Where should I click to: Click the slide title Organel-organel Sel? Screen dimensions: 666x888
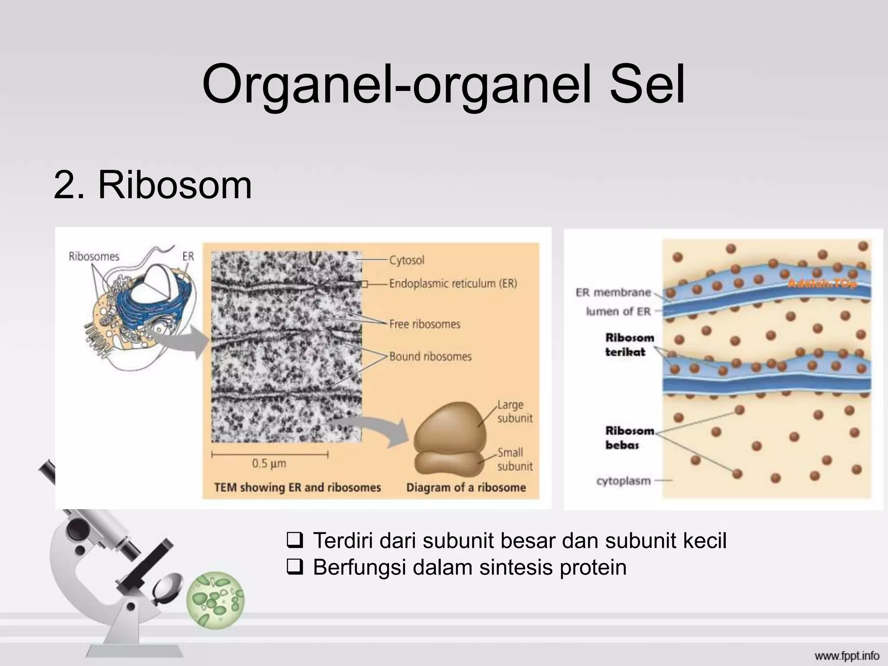click(443, 85)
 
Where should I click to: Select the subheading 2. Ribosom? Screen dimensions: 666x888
click(153, 185)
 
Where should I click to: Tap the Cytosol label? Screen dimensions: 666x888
click(406, 260)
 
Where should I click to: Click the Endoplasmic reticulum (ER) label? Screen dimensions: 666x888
click(453, 284)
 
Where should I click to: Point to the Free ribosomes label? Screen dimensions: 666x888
click(424, 324)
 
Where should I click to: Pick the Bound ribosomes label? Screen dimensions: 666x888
click(430, 356)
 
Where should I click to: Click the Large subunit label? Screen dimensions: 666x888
click(514, 411)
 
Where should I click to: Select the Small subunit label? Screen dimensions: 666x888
click(514, 459)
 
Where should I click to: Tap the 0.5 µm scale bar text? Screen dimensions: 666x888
click(269, 464)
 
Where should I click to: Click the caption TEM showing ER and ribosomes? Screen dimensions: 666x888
click(297, 487)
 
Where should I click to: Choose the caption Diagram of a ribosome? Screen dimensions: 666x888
click(466, 487)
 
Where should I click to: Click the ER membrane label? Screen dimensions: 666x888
click(613, 292)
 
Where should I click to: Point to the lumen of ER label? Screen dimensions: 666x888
click(618, 311)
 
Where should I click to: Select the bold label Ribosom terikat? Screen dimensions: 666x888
click(629, 345)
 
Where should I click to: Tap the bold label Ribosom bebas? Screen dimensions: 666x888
click(629, 437)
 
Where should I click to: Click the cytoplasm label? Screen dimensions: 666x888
click(623, 481)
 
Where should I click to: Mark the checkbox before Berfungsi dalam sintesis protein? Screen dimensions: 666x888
click(294, 567)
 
